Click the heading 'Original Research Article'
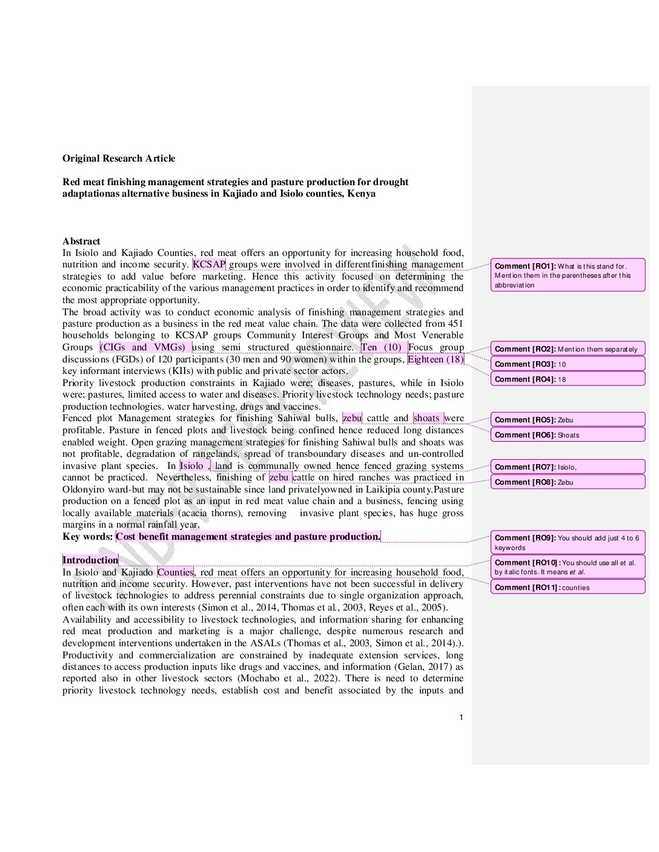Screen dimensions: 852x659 (119, 159)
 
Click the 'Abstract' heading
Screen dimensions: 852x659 (81, 241)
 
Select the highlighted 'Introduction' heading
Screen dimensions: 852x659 (90, 560)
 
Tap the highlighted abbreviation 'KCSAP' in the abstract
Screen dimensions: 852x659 (209, 264)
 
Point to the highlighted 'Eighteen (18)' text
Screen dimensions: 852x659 (435, 359)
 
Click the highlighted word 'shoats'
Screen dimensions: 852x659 (427, 418)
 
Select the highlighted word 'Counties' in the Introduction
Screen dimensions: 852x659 (175, 572)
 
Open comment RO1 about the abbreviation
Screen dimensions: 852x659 (568, 275)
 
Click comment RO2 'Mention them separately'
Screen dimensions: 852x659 (568, 349)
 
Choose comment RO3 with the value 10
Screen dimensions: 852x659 (568, 364)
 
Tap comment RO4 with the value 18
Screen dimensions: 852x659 (568, 379)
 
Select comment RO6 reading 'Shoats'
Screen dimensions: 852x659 (568, 435)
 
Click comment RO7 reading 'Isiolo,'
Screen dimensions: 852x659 (568, 467)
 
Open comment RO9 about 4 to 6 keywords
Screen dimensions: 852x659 (568, 543)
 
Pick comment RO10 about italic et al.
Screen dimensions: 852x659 (568, 567)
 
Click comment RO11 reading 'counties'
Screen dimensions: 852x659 (568, 588)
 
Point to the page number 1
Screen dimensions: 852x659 (461, 718)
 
